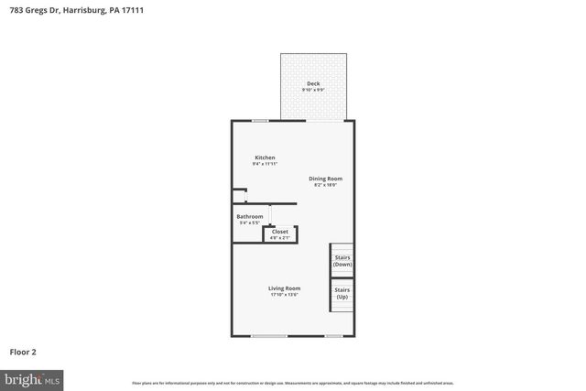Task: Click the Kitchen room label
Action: (x=265, y=157)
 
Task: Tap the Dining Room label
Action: (x=324, y=179)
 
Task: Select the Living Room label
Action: (x=285, y=288)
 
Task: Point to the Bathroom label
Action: (x=250, y=216)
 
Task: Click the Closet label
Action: (x=280, y=232)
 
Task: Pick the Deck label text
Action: (x=313, y=83)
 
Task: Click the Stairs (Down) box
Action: (x=342, y=261)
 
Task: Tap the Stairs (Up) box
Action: (x=342, y=294)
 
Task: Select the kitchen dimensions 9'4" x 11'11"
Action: (x=265, y=164)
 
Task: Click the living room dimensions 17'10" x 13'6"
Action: (x=285, y=295)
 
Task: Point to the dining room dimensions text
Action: (x=324, y=185)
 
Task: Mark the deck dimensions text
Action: (x=313, y=90)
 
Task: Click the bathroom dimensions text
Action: (x=250, y=223)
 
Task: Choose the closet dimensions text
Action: (x=280, y=237)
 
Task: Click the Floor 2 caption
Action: (x=23, y=351)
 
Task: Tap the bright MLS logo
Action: (x=32, y=377)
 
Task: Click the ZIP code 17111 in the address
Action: (x=132, y=9)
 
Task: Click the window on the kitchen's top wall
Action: (x=261, y=121)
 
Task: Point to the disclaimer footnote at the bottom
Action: (x=292, y=383)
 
